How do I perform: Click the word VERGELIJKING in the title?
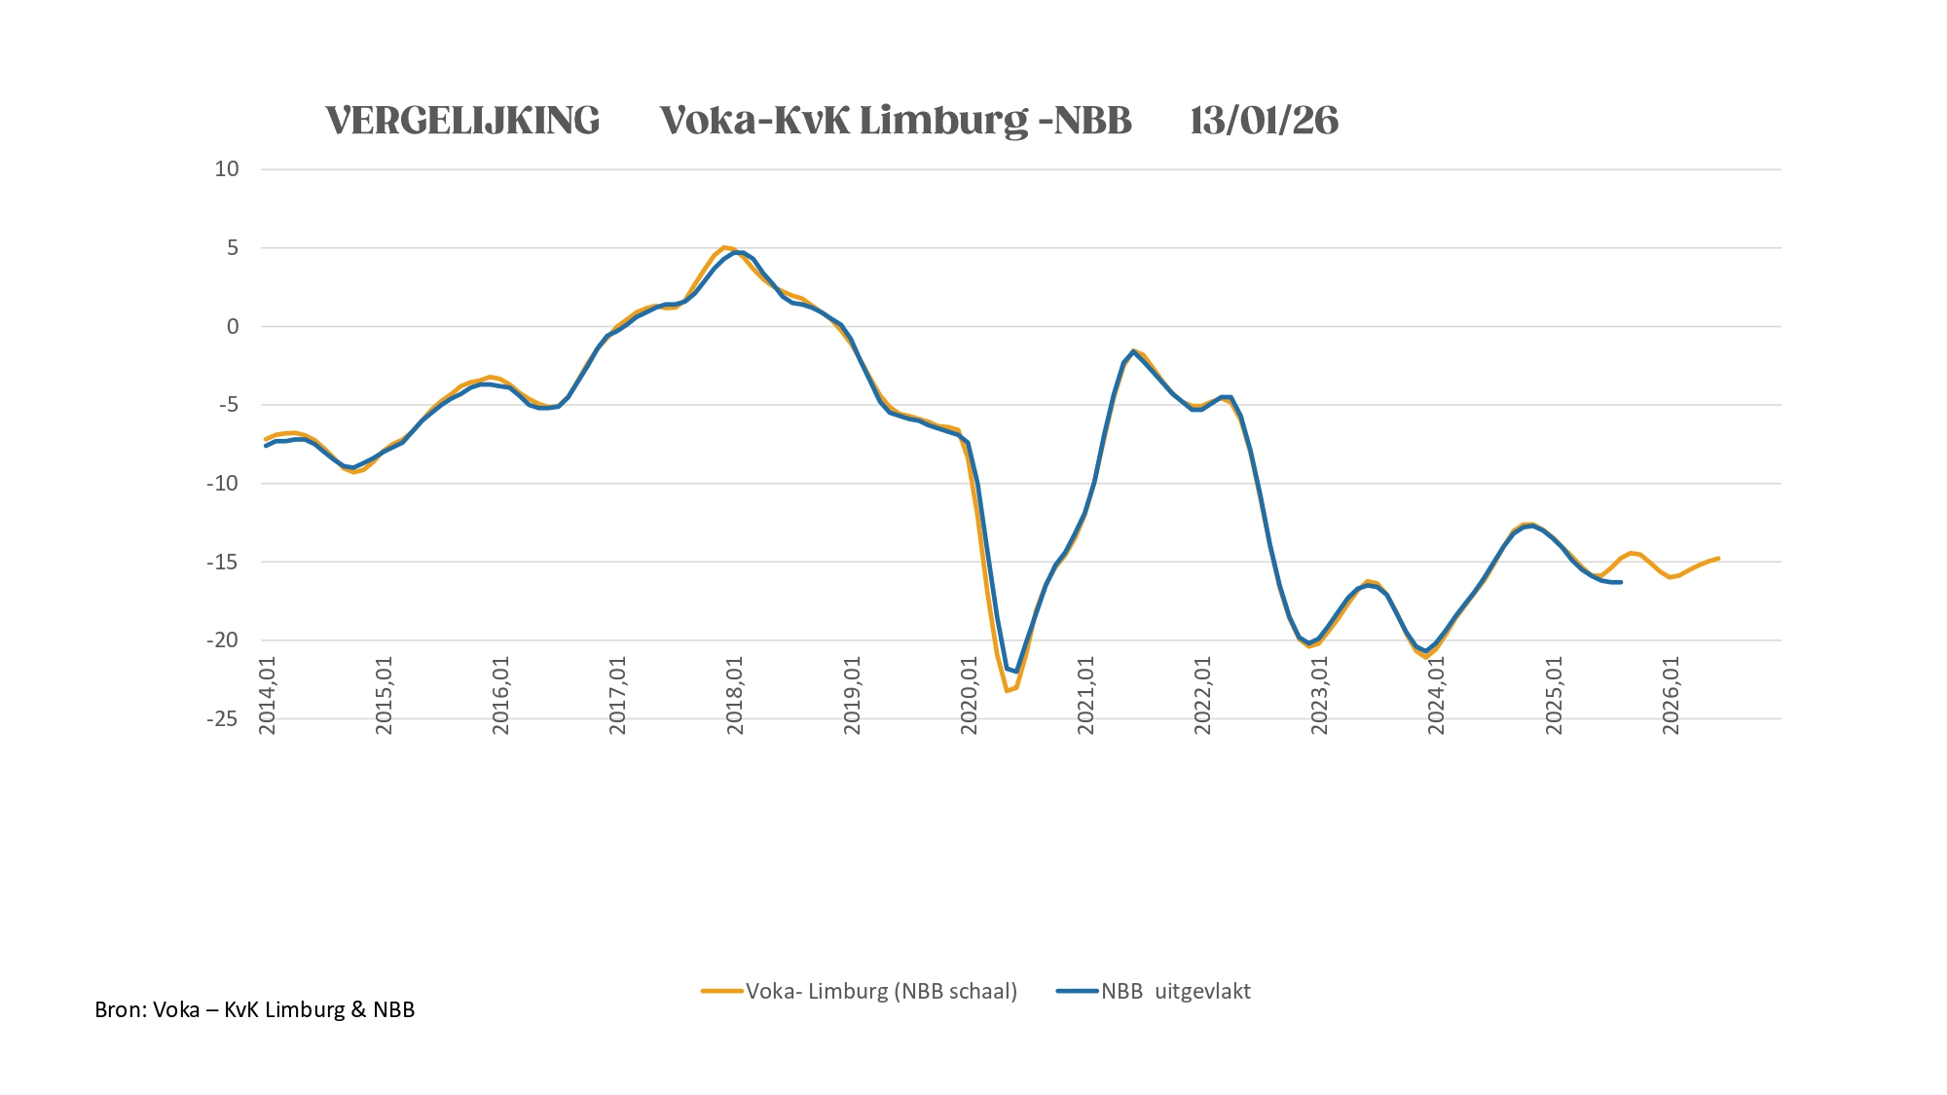pyautogui.click(x=462, y=121)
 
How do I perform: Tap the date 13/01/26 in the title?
pyautogui.click(x=1264, y=121)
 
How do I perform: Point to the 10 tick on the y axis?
pyautogui.click(x=227, y=169)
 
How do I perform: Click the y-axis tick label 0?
pyautogui.click(x=233, y=327)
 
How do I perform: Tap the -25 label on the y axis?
pyautogui.click(x=222, y=719)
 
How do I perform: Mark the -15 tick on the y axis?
pyautogui.click(x=222, y=562)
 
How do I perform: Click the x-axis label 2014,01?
pyautogui.click(x=268, y=695)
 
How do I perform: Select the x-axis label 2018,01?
pyautogui.click(x=735, y=695)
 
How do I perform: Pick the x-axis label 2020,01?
pyautogui.click(x=969, y=695)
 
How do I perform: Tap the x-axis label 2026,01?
pyautogui.click(x=1671, y=695)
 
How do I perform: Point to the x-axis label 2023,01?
pyautogui.click(x=1320, y=695)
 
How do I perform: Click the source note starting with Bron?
pyautogui.click(x=255, y=1009)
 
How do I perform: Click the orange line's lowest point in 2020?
pyautogui.click(x=1007, y=691)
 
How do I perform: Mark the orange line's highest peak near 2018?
pyautogui.click(x=724, y=247)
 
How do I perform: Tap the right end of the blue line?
pyautogui.click(x=1621, y=582)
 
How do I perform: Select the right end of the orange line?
pyautogui.click(x=1718, y=559)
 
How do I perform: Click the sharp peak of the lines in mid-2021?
pyautogui.click(x=1133, y=350)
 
